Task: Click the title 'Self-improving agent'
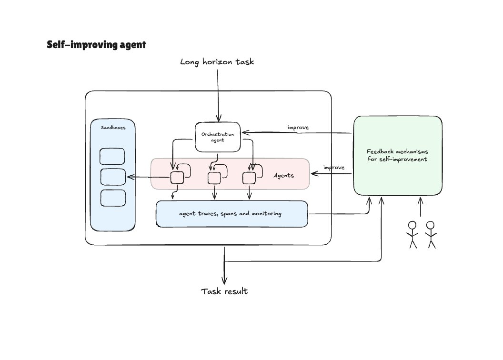(96, 45)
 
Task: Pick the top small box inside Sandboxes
(112, 156)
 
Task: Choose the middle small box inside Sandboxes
(112, 177)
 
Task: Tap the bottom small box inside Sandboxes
(112, 198)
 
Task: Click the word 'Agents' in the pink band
(283, 175)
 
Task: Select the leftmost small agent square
(177, 178)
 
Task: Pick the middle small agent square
(214, 178)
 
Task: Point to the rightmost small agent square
(249, 178)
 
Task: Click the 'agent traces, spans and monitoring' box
(231, 214)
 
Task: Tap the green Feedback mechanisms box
(397, 155)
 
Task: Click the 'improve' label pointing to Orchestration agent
(298, 128)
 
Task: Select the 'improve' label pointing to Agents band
(333, 168)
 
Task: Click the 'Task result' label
(224, 291)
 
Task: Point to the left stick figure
(412, 234)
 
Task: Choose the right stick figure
(431, 234)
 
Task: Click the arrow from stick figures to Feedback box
(420, 208)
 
